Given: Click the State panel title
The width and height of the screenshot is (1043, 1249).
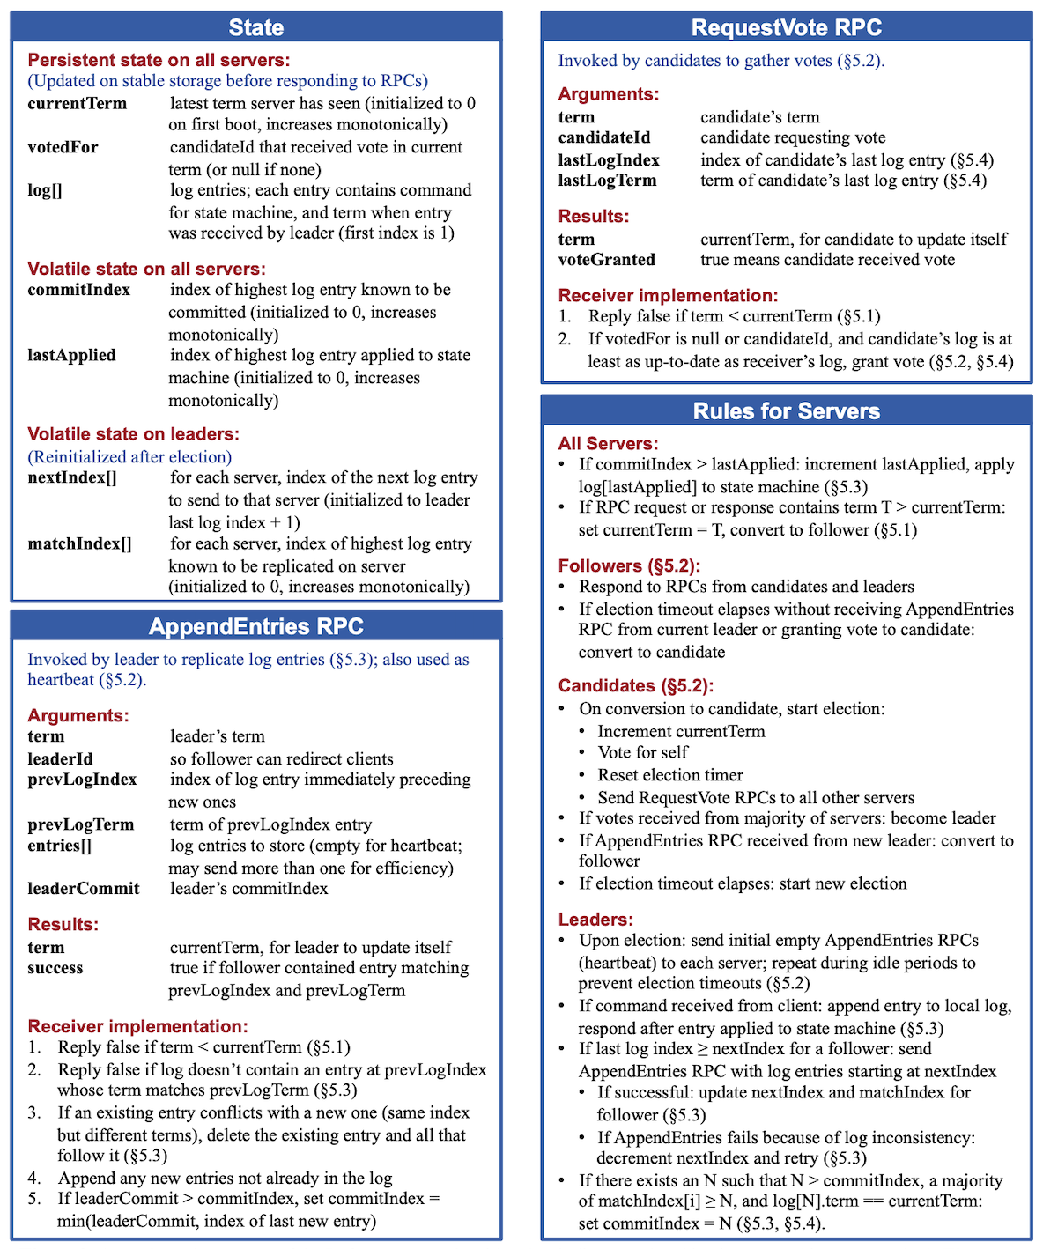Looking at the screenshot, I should pos(255,27).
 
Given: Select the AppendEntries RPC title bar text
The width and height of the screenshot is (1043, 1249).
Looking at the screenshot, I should pos(255,626).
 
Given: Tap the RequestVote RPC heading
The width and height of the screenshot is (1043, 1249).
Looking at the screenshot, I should pos(786,27).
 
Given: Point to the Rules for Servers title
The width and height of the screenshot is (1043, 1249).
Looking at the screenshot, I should pos(786,411).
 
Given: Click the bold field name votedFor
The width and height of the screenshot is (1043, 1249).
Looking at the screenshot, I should pos(63,147).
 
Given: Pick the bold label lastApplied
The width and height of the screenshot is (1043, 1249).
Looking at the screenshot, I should pos(71,355).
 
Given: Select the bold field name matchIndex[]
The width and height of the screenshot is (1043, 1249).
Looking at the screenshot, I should pos(79,543).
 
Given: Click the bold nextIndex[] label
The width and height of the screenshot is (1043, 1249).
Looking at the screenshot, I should pos(71,477).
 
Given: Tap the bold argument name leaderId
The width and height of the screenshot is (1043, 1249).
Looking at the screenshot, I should pos(60,758).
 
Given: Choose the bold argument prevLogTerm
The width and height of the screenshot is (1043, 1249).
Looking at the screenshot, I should pos(80,824).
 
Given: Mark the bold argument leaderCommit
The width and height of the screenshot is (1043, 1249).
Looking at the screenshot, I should pos(83,888).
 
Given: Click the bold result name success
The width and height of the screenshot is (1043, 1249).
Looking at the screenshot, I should pos(55,968).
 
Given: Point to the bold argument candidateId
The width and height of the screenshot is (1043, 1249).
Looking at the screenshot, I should pos(603,137).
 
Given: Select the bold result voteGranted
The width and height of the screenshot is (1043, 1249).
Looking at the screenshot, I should pos(606,260).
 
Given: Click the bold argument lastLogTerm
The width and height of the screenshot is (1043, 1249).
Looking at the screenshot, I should pos(607,181).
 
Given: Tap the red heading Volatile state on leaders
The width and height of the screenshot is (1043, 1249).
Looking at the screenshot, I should pos(133,434).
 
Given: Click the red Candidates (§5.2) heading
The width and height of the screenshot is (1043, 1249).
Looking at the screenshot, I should pos(635,686).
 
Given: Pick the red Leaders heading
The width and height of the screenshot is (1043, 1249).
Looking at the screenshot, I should pos(595,920).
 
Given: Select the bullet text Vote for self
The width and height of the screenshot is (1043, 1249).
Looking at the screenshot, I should pos(642,752).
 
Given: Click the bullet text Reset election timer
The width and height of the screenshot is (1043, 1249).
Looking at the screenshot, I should pos(669,775).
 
